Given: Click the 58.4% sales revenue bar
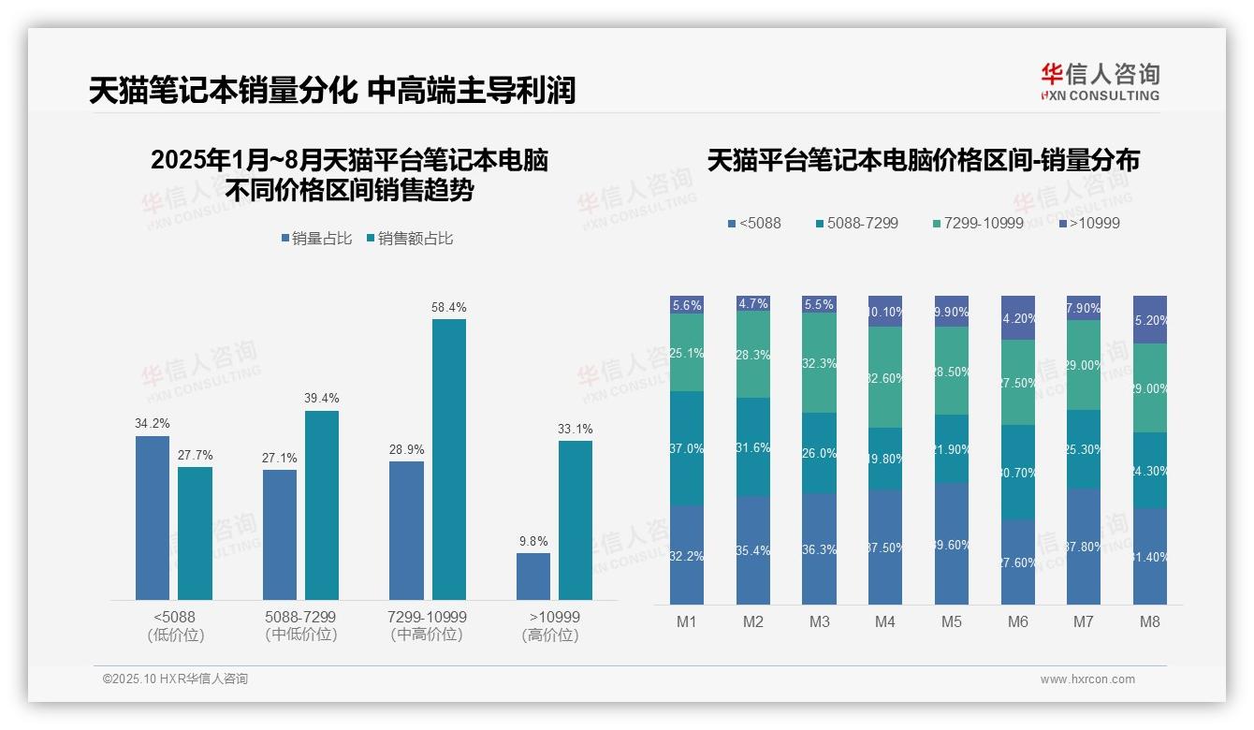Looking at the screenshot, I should click(x=448, y=459).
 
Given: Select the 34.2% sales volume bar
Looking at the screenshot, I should click(x=153, y=518).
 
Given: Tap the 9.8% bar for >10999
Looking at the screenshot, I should click(x=533, y=576).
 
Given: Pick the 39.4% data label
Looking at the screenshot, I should click(x=321, y=399).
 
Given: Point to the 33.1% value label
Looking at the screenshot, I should click(x=576, y=429).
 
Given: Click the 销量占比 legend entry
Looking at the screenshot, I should click(x=316, y=239).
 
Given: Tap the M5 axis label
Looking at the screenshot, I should click(x=951, y=621).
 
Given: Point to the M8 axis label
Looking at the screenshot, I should click(x=1150, y=621).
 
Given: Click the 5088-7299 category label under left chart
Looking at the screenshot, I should click(x=300, y=625).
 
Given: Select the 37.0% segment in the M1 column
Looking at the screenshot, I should click(x=687, y=448).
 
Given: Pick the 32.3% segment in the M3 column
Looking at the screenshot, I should click(x=819, y=362).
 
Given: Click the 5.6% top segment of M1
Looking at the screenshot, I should click(x=687, y=305).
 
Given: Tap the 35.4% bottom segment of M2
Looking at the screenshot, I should click(x=753, y=550).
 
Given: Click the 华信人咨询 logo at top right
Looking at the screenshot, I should click(x=1100, y=81).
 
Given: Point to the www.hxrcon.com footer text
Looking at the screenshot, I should click(x=1087, y=679).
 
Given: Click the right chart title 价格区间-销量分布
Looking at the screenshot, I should click(x=923, y=161).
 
